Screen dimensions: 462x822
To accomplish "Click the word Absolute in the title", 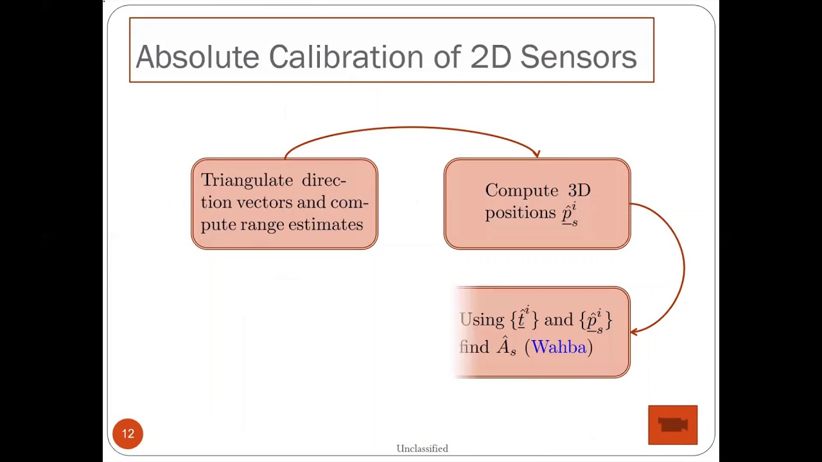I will click(197, 57).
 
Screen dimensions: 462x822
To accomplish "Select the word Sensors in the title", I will click(578, 57).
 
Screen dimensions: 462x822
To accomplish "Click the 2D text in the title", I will click(491, 57).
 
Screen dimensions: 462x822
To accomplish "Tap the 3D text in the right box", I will click(579, 191).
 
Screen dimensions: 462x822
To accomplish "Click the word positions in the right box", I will click(520, 212).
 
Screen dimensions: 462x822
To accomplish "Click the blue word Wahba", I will click(559, 347).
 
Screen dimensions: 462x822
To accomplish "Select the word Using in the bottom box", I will click(482, 320).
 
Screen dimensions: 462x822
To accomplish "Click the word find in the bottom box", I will click(475, 347).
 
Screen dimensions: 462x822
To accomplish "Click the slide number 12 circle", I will click(128, 434).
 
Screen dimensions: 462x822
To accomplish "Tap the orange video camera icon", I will click(672, 425).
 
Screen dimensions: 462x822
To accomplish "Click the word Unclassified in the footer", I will click(422, 449).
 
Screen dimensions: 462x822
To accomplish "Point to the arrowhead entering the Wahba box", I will click(634, 331).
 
